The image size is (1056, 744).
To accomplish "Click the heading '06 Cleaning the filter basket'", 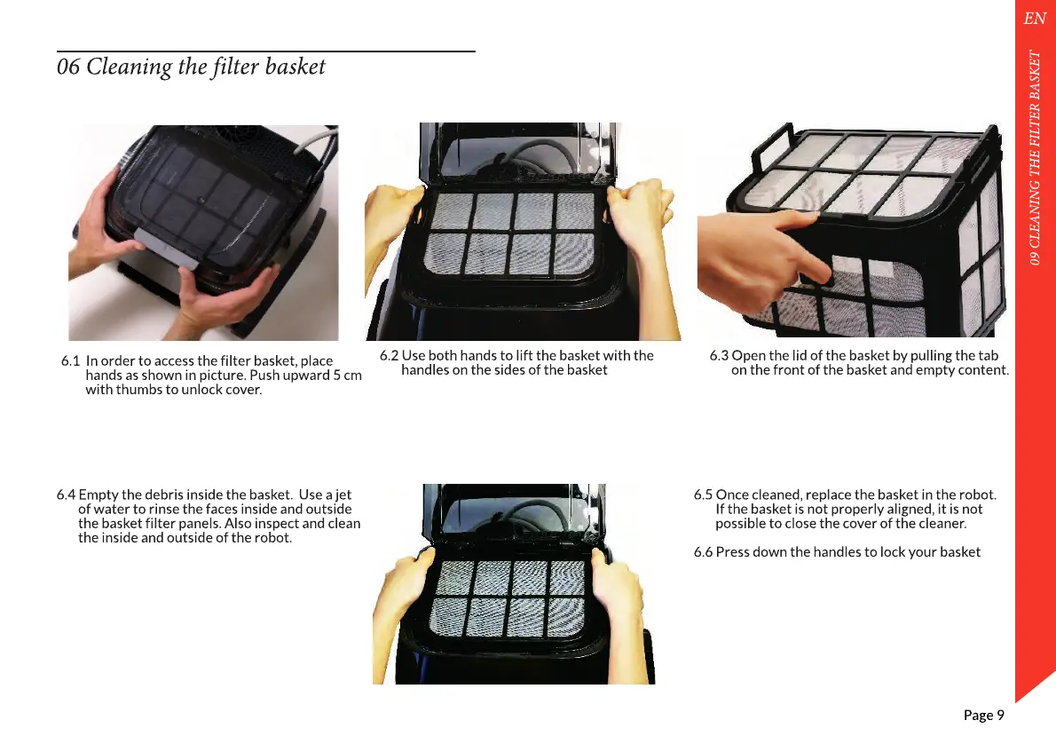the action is pos(191,67).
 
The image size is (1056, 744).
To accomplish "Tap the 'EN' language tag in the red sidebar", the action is pos(1035,18).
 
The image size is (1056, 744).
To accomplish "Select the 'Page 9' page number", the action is pos(983,715).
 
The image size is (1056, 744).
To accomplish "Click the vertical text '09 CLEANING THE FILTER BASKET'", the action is pos(1035,157).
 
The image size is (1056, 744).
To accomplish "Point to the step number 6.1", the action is pos(70,360).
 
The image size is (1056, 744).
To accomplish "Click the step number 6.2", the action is pos(389,355).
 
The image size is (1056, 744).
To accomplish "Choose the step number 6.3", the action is pos(719,355).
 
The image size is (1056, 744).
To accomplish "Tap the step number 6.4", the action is pos(66,495).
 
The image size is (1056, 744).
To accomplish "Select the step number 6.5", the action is pos(703,495).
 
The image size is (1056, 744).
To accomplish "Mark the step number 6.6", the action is pos(703,552).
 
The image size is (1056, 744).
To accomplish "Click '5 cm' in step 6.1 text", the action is pos(348,376).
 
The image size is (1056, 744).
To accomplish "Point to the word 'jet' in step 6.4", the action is pos(343,495).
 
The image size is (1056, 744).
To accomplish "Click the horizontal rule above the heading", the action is pos(266,51).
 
